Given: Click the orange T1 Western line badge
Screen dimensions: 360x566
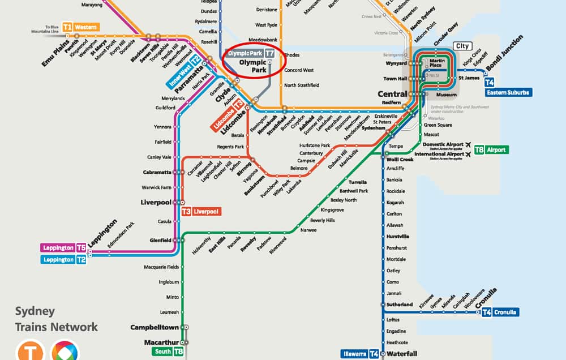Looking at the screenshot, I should [x=80, y=27].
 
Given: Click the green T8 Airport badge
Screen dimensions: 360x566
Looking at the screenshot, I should [x=491, y=150].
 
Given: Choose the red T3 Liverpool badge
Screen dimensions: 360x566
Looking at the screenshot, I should [x=201, y=212].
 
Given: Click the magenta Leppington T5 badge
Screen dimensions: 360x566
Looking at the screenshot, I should [x=64, y=248].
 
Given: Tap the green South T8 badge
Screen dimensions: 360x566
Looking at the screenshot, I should [x=169, y=352].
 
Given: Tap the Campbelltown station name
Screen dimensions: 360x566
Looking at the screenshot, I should [x=154, y=328].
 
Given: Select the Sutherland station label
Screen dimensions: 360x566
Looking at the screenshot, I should [x=400, y=305].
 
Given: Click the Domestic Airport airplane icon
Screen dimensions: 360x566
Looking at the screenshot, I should [x=468, y=144].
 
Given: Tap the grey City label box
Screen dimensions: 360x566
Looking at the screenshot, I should [x=462, y=46].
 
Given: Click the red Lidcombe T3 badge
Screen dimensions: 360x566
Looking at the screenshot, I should [x=229, y=116].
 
